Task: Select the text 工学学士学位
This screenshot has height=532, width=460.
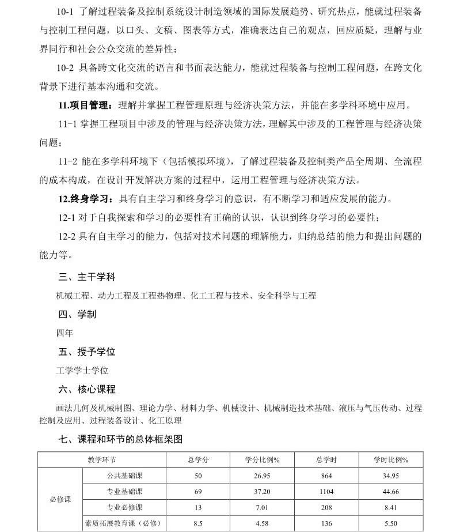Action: (x=82, y=371)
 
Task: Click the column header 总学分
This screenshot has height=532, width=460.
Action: (x=198, y=459)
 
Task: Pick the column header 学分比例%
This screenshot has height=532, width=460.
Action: (x=262, y=459)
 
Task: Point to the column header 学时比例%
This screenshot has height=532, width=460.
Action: (x=391, y=459)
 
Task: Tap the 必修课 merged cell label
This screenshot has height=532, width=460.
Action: (x=60, y=499)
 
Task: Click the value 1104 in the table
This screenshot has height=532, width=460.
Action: (x=326, y=491)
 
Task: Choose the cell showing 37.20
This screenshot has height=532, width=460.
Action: (x=262, y=491)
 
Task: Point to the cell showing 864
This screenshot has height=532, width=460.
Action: (x=326, y=476)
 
